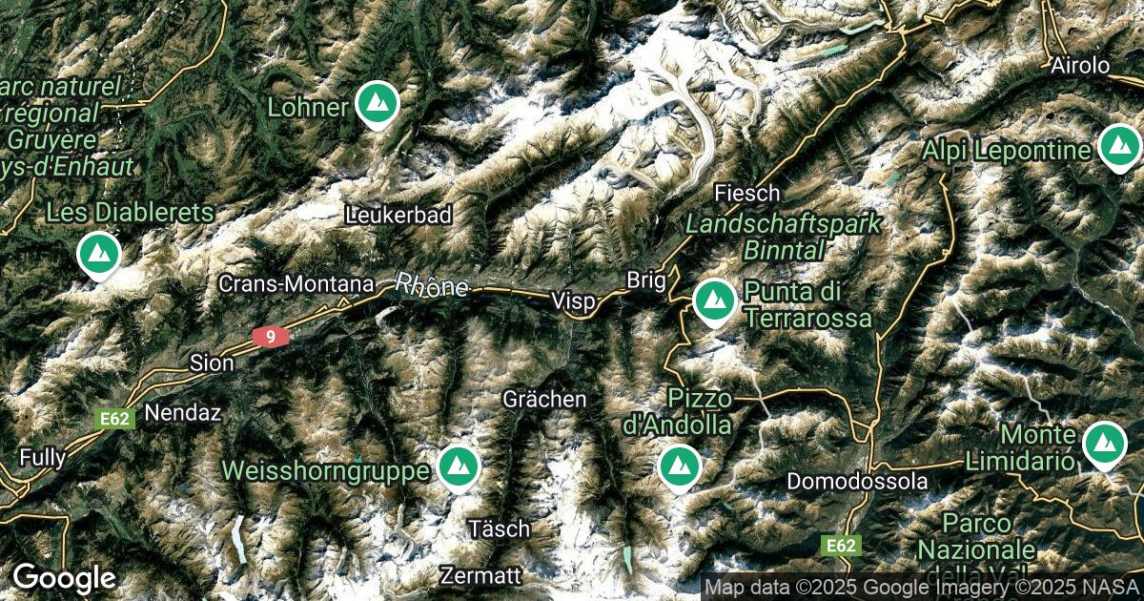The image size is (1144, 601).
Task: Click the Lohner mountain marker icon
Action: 376,104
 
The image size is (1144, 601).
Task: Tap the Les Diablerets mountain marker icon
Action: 98,254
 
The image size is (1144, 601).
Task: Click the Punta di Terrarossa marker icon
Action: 713,300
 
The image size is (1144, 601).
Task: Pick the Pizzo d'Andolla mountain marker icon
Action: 680,465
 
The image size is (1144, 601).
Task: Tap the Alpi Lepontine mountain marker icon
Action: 1118,147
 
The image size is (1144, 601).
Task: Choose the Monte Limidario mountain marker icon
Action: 1104,444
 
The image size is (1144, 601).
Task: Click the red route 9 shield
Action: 271,336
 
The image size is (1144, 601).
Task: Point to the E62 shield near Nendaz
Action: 114,419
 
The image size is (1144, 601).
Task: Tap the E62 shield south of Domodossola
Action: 841,546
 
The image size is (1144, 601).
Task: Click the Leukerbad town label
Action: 398,215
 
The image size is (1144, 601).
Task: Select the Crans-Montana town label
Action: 295,283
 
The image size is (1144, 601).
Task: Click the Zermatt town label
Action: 481,575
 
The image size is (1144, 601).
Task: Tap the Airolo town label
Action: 1080,66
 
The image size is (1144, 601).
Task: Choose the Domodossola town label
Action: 856,482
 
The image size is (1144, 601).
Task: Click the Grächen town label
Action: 544,399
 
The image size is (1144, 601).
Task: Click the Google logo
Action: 64,578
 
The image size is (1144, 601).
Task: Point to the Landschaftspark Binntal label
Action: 784,237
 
